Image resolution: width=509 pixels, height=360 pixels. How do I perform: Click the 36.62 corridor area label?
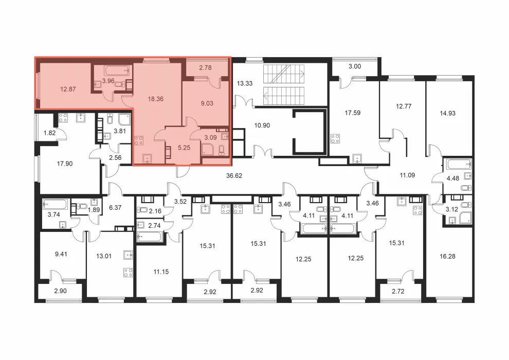click(x=234, y=176)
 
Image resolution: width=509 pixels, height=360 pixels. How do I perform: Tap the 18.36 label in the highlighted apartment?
click(x=155, y=99)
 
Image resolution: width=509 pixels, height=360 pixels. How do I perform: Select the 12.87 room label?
click(x=68, y=89)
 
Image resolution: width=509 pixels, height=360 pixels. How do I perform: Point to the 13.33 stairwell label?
click(x=244, y=83)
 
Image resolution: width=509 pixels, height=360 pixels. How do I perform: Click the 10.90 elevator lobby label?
click(x=262, y=125)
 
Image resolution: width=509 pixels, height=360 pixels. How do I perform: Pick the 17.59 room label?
click(x=353, y=113)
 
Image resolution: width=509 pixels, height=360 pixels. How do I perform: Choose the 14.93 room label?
click(x=447, y=113)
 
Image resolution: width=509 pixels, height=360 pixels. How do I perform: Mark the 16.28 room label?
click(x=447, y=257)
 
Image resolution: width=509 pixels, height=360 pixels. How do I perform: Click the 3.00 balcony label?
click(x=355, y=66)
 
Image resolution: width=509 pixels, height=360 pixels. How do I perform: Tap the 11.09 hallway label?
click(x=407, y=175)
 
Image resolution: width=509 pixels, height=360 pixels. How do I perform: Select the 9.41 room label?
click(x=61, y=254)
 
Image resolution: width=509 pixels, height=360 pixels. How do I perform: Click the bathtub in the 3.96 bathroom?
click(x=117, y=70)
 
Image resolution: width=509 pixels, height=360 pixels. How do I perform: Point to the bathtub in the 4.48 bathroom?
click(x=459, y=164)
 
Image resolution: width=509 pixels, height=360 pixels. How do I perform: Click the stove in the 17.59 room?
click(x=335, y=139)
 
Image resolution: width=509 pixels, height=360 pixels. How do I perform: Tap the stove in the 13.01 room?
click(x=128, y=273)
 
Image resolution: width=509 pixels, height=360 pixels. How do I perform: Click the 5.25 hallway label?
click(x=184, y=148)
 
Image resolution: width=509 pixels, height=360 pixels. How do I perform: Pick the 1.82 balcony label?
click(x=50, y=133)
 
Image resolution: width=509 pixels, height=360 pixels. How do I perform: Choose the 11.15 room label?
click(x=161, y=272)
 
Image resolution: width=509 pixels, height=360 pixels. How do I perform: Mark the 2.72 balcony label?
click(x=398, y=292)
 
